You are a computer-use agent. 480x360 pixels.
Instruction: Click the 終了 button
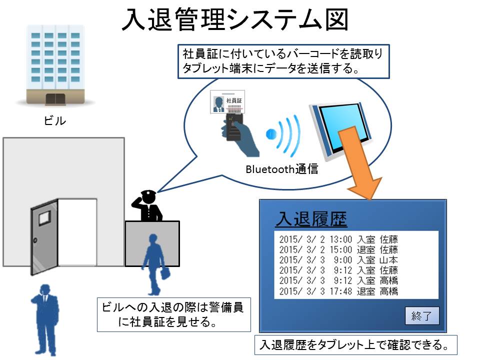click(422, 315)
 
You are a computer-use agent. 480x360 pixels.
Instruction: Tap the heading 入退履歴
click(311, 219)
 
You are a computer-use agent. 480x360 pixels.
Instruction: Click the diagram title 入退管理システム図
click(235, 19)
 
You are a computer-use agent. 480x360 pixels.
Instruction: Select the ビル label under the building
click(55, 120)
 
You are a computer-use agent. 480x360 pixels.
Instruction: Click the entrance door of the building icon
click(55, 99)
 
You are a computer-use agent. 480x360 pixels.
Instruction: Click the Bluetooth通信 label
click(282, 169)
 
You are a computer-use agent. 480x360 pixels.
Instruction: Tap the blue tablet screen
click(343, 126)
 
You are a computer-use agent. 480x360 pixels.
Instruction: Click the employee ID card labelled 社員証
click(227, 101)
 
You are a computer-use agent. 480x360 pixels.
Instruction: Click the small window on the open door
click(44, 218)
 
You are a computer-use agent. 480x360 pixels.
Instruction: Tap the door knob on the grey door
click(35, 240)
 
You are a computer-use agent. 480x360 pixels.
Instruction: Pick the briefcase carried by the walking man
click(165, 273)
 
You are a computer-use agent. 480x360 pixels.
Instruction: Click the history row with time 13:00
click(338, 239)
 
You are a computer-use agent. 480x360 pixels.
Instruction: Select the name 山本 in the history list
click(389, 260)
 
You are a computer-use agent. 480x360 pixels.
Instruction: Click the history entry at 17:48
click(338, 291)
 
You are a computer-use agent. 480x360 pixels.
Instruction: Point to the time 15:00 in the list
click(340, 250)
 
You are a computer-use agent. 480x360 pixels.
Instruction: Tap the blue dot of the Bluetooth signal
click(271, 134)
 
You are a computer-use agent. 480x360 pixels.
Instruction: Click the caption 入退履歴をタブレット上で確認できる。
click(355, 345)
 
